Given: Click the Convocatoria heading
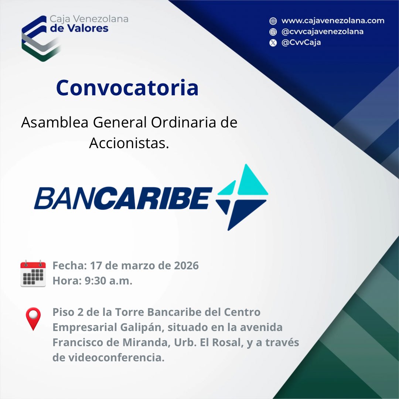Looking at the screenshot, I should [x=127, y=88].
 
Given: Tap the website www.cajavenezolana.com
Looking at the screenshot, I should [x=332, y=21].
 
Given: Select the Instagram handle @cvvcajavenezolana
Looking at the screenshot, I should [x=322, y=31].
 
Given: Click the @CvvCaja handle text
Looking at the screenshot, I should [x=301, y=42].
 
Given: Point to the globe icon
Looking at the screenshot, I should [x=273, y=21].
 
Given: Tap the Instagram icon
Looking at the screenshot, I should [x=273, y=32].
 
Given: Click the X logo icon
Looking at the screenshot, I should [x=273, y=42].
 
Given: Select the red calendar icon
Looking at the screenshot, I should [x=33, y=273].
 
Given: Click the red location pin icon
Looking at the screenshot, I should [x=33, y=318].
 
